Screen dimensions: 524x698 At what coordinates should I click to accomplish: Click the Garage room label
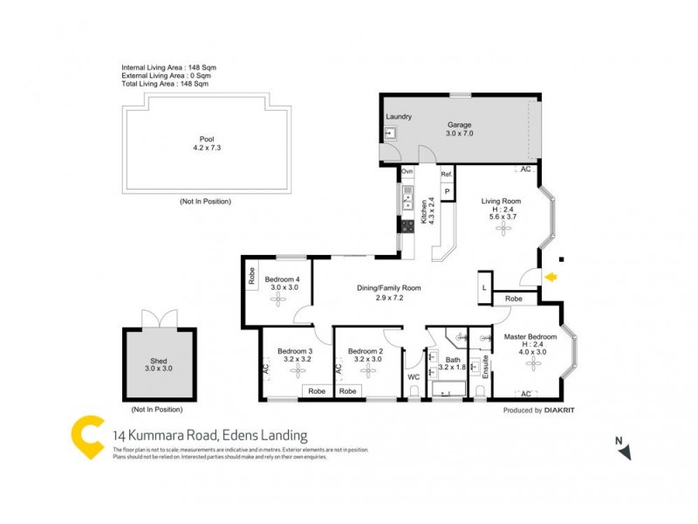click(460, 125)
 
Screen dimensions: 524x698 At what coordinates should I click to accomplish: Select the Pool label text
click(206, 139)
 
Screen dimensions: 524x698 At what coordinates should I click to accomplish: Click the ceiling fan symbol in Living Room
click(502, 228)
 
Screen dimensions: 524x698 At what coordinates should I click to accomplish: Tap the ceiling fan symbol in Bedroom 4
click(278, 299)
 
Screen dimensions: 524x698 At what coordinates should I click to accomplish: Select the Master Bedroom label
click(530, 337)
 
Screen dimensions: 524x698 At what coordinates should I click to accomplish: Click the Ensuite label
click(480, 368)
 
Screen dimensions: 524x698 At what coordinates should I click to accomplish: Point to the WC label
click(414, 377)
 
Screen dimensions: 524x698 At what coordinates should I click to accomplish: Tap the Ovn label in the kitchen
click(407, 173)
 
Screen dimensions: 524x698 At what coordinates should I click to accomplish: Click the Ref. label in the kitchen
click(447, 174)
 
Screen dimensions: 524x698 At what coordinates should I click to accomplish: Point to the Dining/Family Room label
click(389, 288)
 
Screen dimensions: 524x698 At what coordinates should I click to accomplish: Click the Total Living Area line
click(165, 85)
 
